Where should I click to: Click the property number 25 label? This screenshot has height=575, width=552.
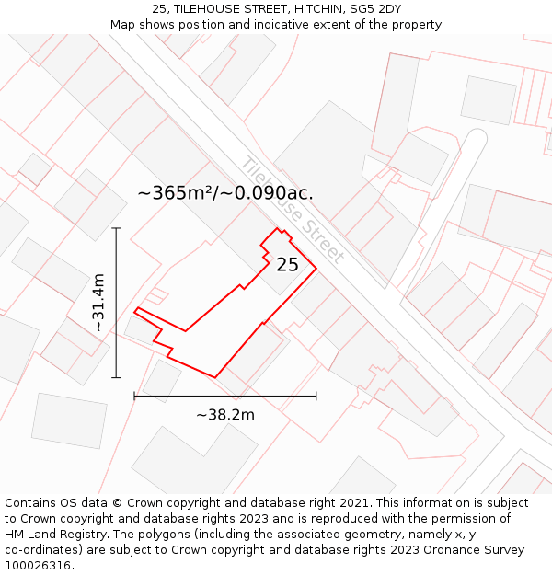[x=287, y=265]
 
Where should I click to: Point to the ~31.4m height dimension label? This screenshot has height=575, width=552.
[x=98, y=303]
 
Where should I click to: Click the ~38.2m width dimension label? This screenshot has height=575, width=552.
[x=225, y=415]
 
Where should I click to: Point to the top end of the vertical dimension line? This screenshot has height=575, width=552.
[x=116, y=228]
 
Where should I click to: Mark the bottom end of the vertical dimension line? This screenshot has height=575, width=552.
[x=116, y=377]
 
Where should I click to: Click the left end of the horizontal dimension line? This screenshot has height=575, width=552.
[x=134, y=396]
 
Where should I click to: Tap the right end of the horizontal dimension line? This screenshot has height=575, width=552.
[x=316, y=396]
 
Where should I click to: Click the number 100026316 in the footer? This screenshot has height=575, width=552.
[x=39, y=566]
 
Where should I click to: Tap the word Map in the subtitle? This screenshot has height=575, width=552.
[x=123, y=25]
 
